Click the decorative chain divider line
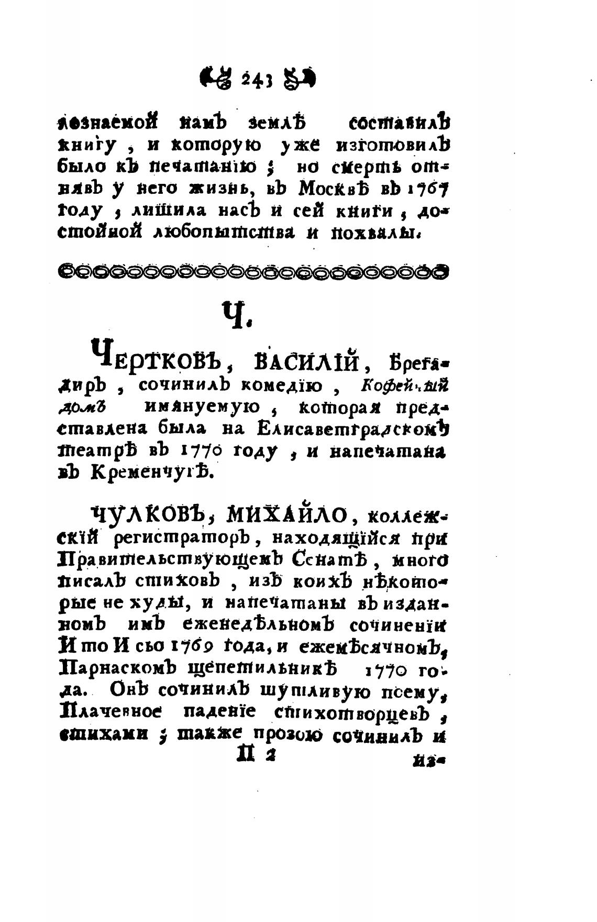pyautogui.click(x=255, y=271)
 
